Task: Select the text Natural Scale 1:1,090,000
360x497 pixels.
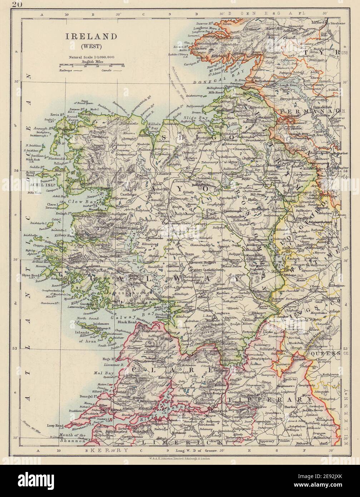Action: click(x=92, y=56)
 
